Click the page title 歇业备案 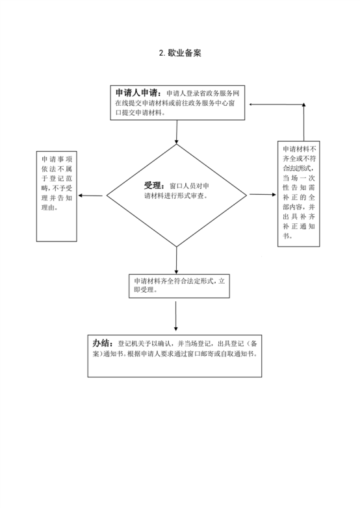pos(185,53)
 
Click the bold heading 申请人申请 pos(136,93)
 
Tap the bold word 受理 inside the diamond pos(153,186)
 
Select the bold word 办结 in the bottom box pos(101,343)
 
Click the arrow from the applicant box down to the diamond pos(177,132)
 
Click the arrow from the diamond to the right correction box pos(263,195)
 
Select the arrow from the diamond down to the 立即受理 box pos(177,260)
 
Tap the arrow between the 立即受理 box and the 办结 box pos(175,316)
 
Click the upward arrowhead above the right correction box pos(304,105)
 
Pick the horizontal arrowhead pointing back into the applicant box pos(251,104)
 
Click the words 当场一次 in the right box pos(299,178)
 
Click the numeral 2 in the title pos(161,53)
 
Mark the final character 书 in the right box pos(286,236)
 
